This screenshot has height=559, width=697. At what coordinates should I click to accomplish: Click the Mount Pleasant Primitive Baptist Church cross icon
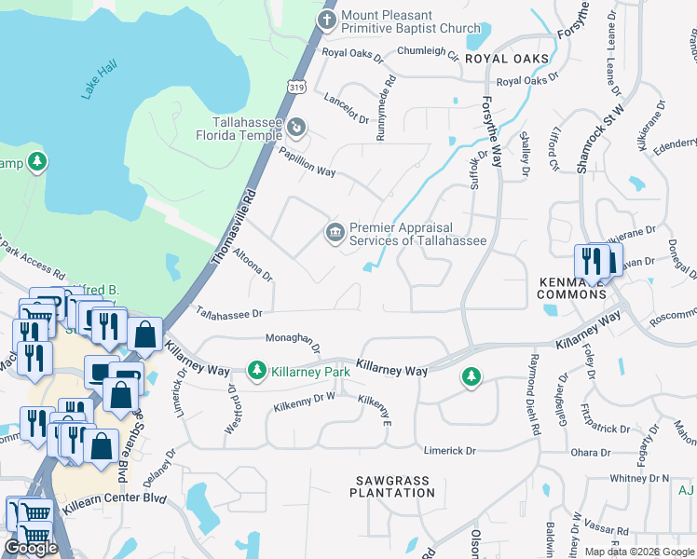pos(327,20)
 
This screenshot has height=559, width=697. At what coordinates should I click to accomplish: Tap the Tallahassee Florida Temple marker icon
pos(295,127)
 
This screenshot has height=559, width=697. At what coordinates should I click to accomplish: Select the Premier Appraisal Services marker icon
pos(334,232)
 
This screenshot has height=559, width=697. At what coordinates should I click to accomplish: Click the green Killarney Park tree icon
pos(256,371)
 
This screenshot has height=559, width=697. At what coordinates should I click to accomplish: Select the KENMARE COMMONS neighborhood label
pos(571,287)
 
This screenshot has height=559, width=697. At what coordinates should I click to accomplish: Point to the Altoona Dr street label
pos(252,264)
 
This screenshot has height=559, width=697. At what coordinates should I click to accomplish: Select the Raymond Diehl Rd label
pos(535,395)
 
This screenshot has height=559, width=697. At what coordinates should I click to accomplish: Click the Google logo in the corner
pos(31,547)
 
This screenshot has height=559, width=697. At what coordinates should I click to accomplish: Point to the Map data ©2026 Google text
pos(638,552)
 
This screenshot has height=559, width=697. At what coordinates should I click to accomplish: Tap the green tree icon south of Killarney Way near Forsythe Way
pos(471,376)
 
